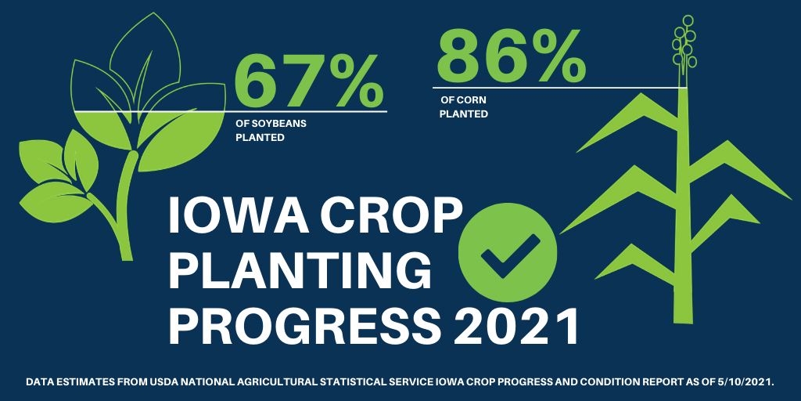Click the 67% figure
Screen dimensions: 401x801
309,80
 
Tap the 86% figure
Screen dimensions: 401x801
510,56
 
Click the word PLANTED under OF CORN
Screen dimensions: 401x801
464,114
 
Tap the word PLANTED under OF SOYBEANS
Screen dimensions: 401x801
260,137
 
